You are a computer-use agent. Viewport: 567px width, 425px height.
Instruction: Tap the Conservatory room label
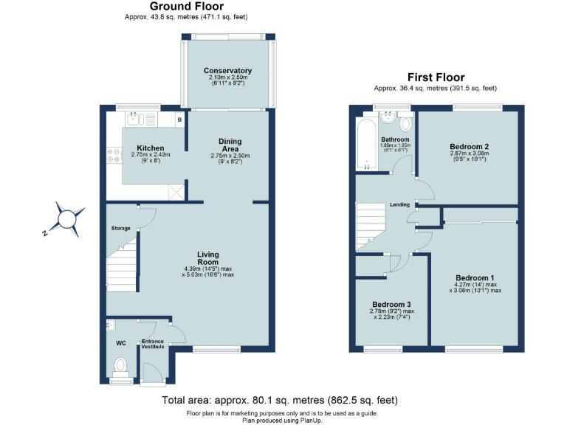pos(227,71)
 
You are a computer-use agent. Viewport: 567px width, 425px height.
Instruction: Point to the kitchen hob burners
pos(114,156)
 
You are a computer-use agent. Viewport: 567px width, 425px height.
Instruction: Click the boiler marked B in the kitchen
pos(179,120)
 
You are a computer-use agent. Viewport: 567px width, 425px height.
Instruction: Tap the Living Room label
pos(208,259)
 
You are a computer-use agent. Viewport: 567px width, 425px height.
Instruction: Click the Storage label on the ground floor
pos(121,229)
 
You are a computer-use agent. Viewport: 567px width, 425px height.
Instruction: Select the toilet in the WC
pos(120,364)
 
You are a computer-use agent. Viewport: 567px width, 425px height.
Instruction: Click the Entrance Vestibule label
pos(153,344)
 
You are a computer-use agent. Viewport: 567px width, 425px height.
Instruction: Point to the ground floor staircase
pos(123,269)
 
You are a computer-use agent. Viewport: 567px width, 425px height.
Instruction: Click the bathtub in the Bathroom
pos(365,145)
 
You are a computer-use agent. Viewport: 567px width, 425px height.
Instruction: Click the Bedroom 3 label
pos(391,305)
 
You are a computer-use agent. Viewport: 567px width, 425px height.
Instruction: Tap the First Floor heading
pos(436,77)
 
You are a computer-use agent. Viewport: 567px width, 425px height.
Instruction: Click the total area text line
pos(279,400)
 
